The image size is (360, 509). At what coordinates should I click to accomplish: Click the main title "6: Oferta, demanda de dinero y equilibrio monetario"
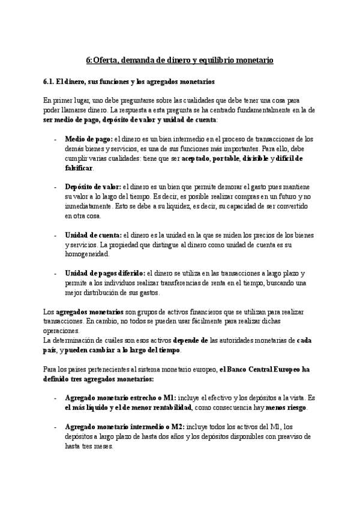pos(180,61)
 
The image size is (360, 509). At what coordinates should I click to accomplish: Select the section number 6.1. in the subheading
pos(50,81)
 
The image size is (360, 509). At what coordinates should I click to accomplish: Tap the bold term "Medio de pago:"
pos(88,139)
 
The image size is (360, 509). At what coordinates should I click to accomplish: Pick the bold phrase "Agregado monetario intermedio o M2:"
pos(124,427)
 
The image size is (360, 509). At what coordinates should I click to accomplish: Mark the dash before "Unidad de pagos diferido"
pos(55,274)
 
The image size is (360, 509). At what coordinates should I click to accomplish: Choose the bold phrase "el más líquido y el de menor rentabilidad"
pos(128,408)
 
